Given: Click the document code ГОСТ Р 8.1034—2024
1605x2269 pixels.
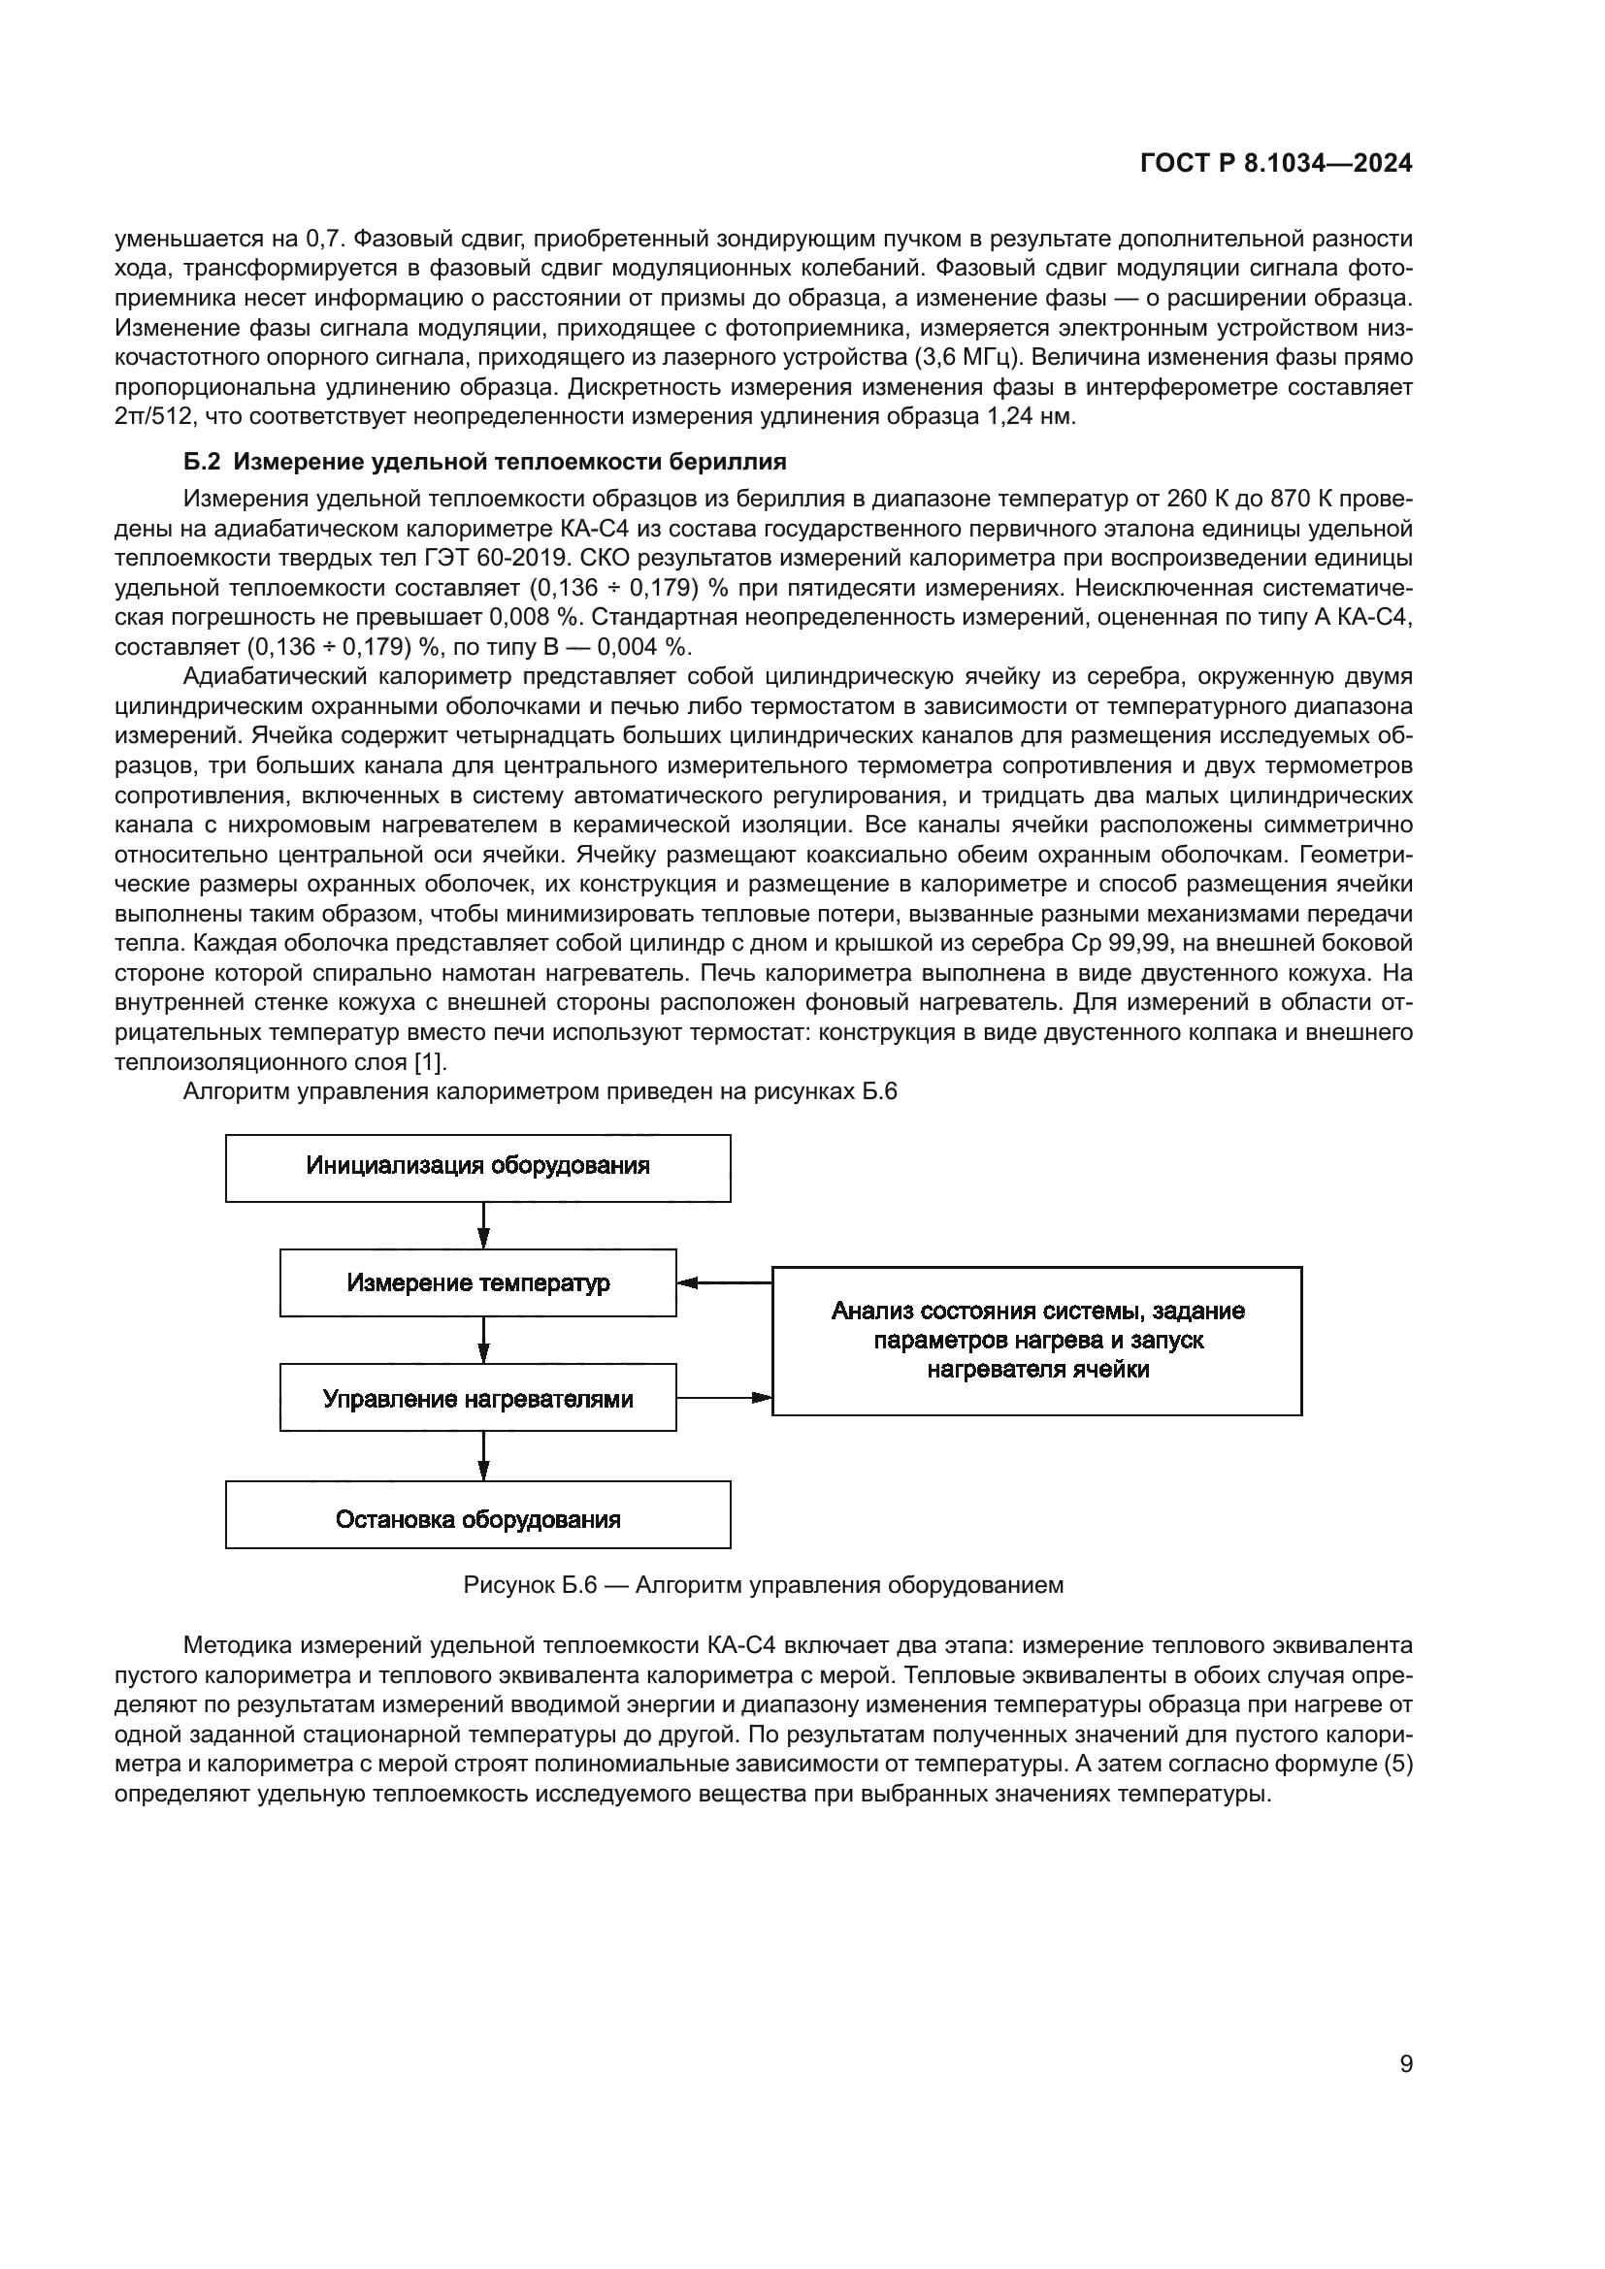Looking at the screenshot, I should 1276,163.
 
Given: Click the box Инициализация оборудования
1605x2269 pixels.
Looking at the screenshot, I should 477,1167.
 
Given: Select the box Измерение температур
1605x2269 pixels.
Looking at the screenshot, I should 477,1282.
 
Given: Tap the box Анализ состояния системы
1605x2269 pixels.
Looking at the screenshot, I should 1036,1340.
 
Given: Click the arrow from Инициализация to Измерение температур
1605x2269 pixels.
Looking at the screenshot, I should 483,1225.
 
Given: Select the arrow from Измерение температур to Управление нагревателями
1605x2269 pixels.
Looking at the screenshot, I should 483,1340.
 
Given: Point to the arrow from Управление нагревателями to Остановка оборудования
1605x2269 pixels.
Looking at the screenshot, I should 483,1455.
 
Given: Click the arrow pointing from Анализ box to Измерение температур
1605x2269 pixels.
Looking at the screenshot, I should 725,1282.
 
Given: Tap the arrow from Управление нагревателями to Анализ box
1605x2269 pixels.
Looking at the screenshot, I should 725,1397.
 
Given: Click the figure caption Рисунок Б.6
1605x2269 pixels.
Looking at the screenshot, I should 763,1585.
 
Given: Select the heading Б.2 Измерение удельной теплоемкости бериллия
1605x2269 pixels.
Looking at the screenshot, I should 484,462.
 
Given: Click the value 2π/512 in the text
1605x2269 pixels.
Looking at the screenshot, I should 153,416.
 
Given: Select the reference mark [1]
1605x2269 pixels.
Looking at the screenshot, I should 431,1062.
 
